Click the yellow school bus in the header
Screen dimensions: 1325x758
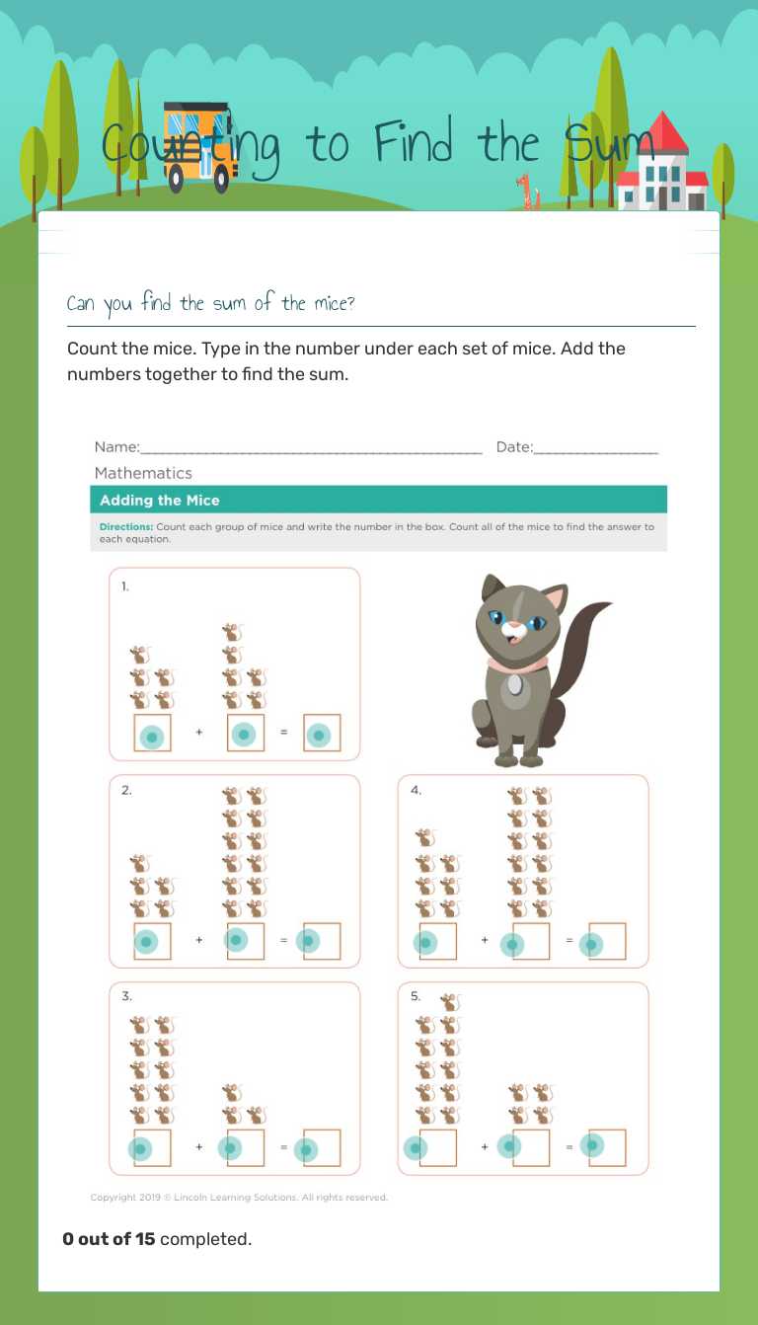click(200, 146)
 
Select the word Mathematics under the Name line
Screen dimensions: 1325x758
click(143, 473)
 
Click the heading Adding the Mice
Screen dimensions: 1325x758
click(159, 500)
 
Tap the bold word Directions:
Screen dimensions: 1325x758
click(125, 527)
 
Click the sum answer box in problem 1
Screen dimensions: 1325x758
click(322, 734)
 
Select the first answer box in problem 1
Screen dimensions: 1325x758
click(152, 734)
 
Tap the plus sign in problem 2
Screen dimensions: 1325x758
click(198, 940)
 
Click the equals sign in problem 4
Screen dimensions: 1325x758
click(568, 940)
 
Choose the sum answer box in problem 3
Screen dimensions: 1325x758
click(322, 1148)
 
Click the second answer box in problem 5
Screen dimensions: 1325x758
click(530, 1147)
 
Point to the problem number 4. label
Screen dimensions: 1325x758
click(416, 790)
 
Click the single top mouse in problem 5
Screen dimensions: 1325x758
click(449, 1002)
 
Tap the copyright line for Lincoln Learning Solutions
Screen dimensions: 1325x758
click(239, 1198)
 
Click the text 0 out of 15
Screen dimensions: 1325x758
click(109, 1238)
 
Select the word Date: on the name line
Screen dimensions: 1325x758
click(513, 447)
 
